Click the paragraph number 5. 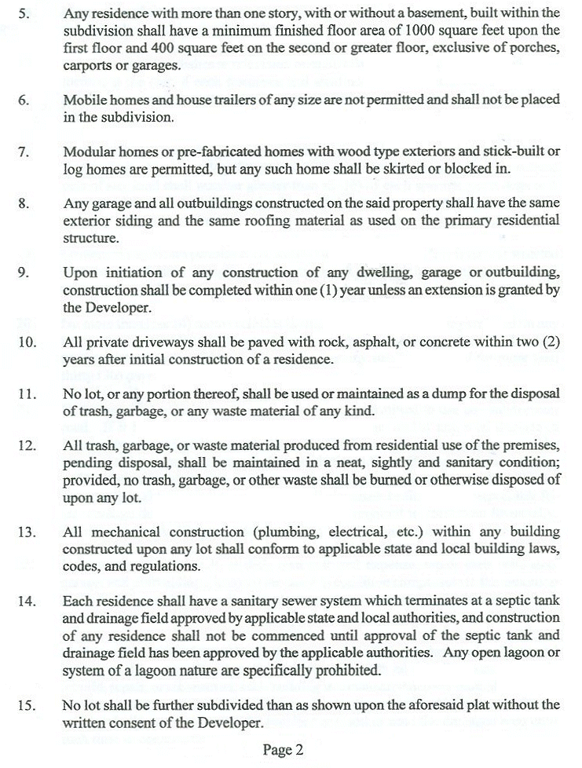(x=24, y=14)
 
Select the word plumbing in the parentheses (x=273, y=532)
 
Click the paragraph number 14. (x=27, y=601)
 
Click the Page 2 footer (x=284, y=749)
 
